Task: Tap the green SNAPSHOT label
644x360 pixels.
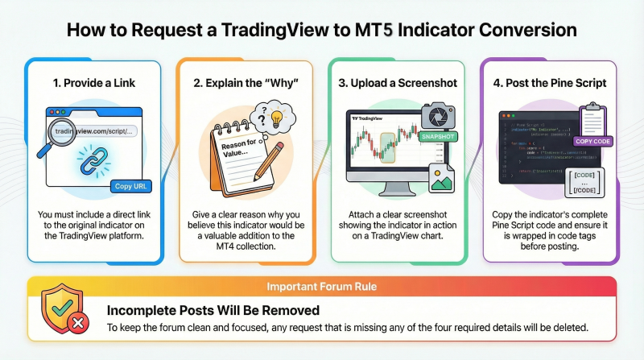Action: [439, 137]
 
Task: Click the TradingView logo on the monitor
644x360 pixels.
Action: [371, 118]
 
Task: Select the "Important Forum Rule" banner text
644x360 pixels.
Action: [322, 286]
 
